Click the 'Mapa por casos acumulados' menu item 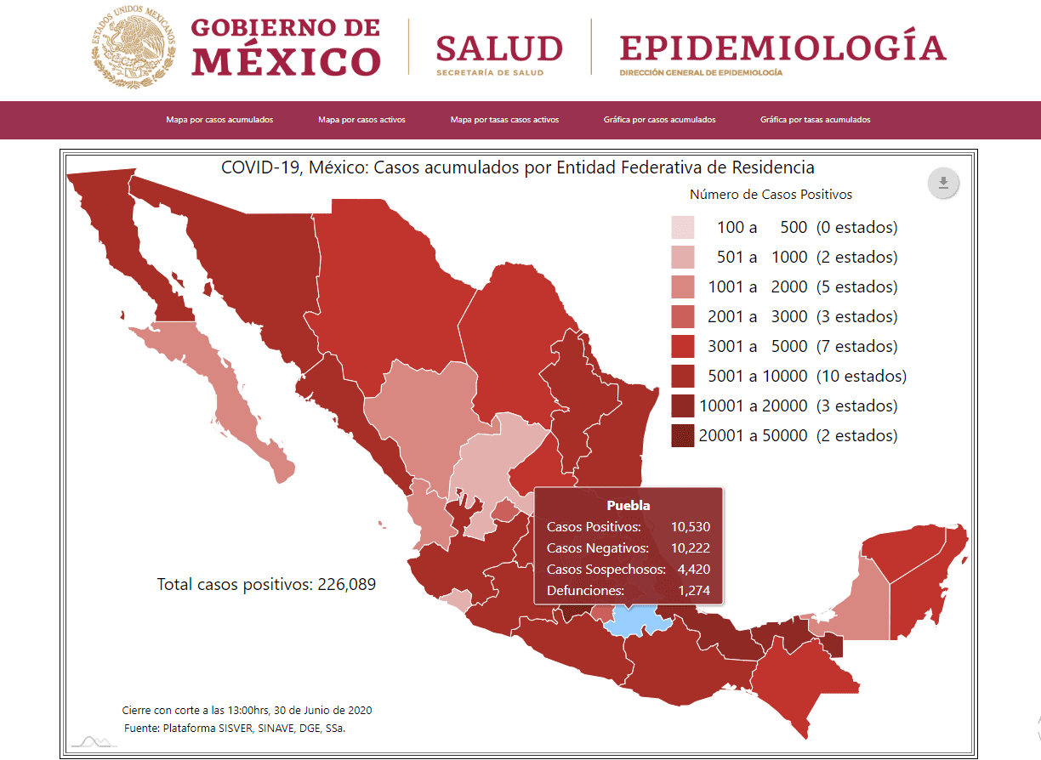pyautogui.click(x=219, y=120)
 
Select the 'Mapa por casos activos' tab pyautogui.click(x=361, y=120)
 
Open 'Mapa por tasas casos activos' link pyautogui.click(x=504, y=120)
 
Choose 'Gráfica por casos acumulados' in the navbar pyautogui.click(x=659, y=120)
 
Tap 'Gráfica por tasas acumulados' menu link pyautogui.click(x=815, y=120)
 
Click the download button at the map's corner pyautogui.click(x=943, y=183)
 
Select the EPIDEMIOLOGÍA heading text pyautogui.click(x=782, y=48)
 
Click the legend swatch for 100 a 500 pyautogui.click(x=683, y=228)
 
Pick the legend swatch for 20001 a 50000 pyautogui.click(x=683, y=436)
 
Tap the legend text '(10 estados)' pyautogui.click(x=861, y=376)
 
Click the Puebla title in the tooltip pyautogui.click(x=628, y=505)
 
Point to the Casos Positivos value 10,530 pyautogui.click(x=689, y=527)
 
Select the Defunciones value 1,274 pyautogui.click(x=693, y=590)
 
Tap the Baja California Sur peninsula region pyautogui.click(x=230, y=400)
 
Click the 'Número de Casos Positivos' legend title pyautogui.click(x=771, y=195)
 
